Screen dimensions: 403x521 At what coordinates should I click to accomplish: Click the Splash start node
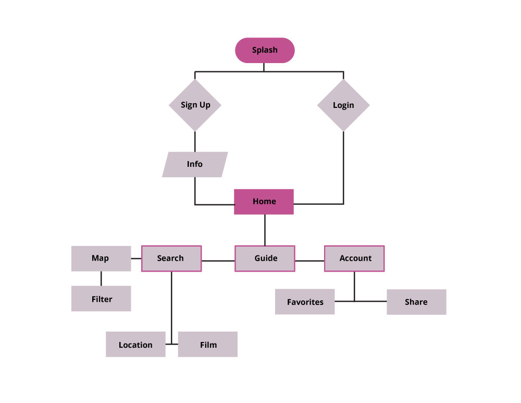(265, 51)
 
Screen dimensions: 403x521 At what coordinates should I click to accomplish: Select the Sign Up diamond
(195, 105)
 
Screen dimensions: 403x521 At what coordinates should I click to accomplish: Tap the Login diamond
(343, 105)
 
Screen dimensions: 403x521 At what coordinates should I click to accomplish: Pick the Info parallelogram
(195, 165)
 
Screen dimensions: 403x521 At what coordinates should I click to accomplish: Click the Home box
(264, 202)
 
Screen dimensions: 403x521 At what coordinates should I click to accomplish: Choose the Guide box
(265, 259)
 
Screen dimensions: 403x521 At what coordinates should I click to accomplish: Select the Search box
(171, 259)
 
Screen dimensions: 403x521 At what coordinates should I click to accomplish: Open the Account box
(355, 259)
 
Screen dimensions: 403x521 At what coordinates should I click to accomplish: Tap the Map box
(101, 259)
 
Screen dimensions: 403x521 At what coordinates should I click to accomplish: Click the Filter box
(101, 299)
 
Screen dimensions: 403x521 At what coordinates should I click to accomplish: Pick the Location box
(135, 345)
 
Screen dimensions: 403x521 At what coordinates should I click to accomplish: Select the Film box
(208, 345)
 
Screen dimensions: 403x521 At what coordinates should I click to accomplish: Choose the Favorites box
(305, 302)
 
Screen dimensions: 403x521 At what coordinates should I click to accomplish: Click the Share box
(416, 302)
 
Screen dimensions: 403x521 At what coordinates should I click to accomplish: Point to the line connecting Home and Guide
(265, 230)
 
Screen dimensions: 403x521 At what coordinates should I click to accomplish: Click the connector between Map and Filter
(101, 278)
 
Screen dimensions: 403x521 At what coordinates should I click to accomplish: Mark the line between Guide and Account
(309, 260)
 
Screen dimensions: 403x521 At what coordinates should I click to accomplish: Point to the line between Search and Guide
(218, 260)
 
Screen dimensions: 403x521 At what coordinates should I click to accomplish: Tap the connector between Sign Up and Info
(195, 141)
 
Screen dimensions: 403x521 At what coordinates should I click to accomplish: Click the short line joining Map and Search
(136, 258)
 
